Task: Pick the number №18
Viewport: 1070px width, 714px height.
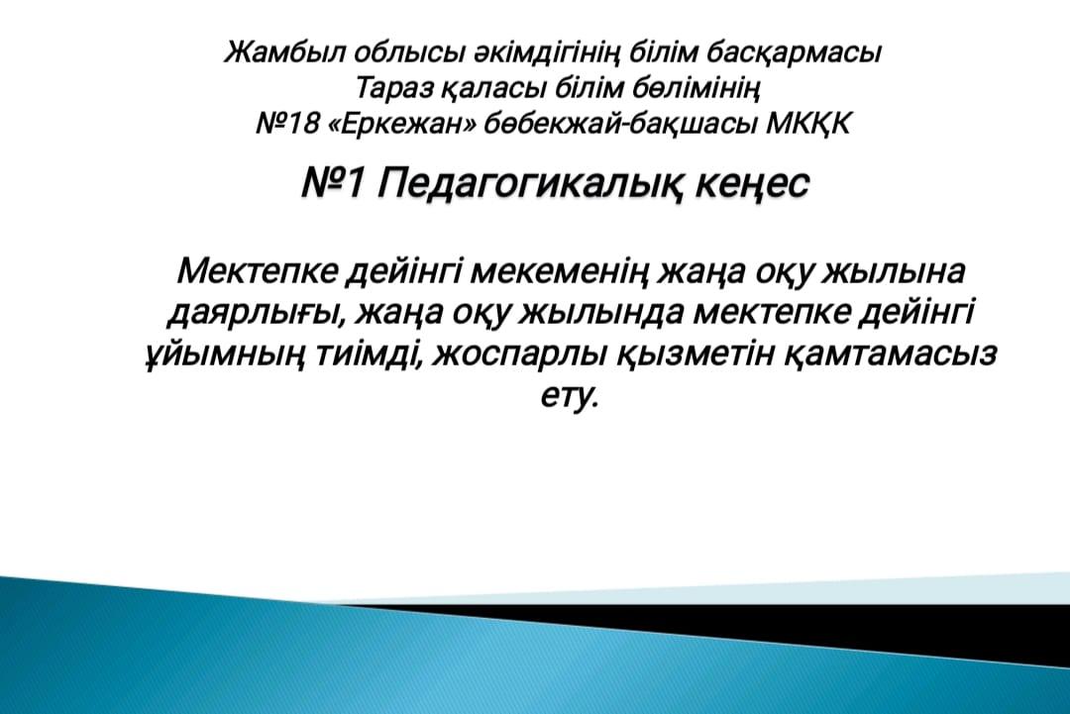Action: (x=287, y=124)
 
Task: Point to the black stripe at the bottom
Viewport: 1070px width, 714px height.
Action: (x=751, y=628)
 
